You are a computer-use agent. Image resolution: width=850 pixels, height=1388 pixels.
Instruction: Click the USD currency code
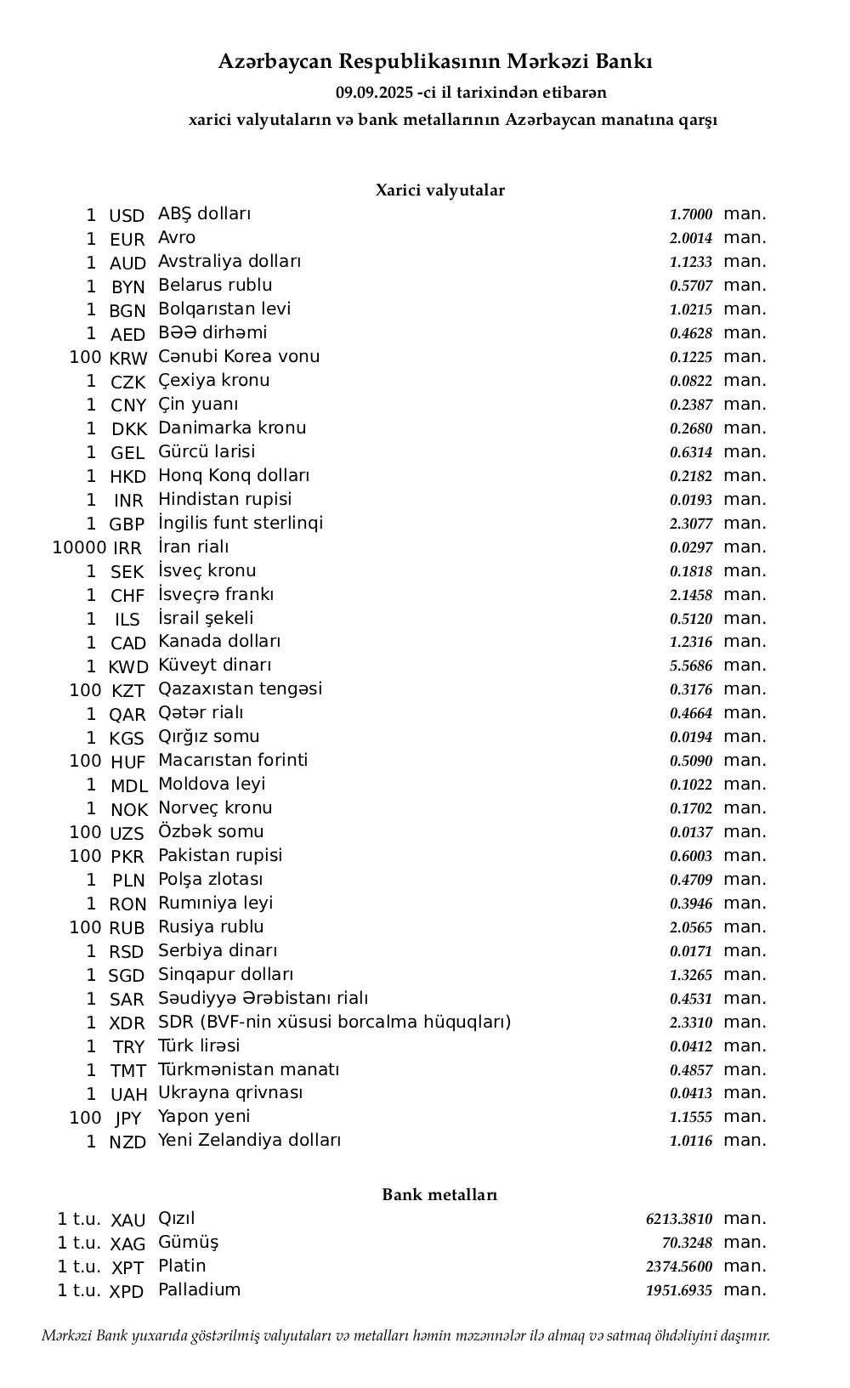point(127,216)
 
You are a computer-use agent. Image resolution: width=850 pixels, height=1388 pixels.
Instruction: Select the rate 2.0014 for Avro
point(690,239)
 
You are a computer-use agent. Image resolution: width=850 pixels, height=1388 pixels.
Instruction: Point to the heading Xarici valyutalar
point(439,190)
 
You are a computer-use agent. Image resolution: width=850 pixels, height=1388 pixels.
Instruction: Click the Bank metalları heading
point(439,1195)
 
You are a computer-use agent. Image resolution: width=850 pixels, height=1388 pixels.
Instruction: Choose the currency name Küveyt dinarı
point(214,666)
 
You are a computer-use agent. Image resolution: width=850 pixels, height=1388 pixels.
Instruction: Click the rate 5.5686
point(690,666)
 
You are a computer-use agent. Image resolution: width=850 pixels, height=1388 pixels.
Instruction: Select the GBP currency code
point(127,524)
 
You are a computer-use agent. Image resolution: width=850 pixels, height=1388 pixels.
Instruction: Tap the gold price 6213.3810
point(679,1220)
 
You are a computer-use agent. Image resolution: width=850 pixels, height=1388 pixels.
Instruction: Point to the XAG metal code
point(127,1244)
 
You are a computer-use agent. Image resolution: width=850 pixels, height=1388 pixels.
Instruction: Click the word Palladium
point(199,1290)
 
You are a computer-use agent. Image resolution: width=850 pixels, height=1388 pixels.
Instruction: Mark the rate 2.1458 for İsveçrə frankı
point(690,595)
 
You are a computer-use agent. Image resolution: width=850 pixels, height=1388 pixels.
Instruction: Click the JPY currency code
point(127,1119)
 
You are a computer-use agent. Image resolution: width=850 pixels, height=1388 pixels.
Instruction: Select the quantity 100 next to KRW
point(85,358)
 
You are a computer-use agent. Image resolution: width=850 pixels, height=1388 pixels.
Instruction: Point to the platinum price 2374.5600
point(679,1267)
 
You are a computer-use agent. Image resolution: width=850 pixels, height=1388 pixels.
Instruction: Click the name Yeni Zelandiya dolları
point(249,1141)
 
